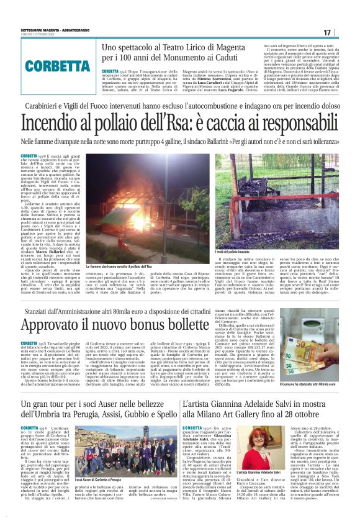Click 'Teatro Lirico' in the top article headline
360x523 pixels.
coord(199,48)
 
